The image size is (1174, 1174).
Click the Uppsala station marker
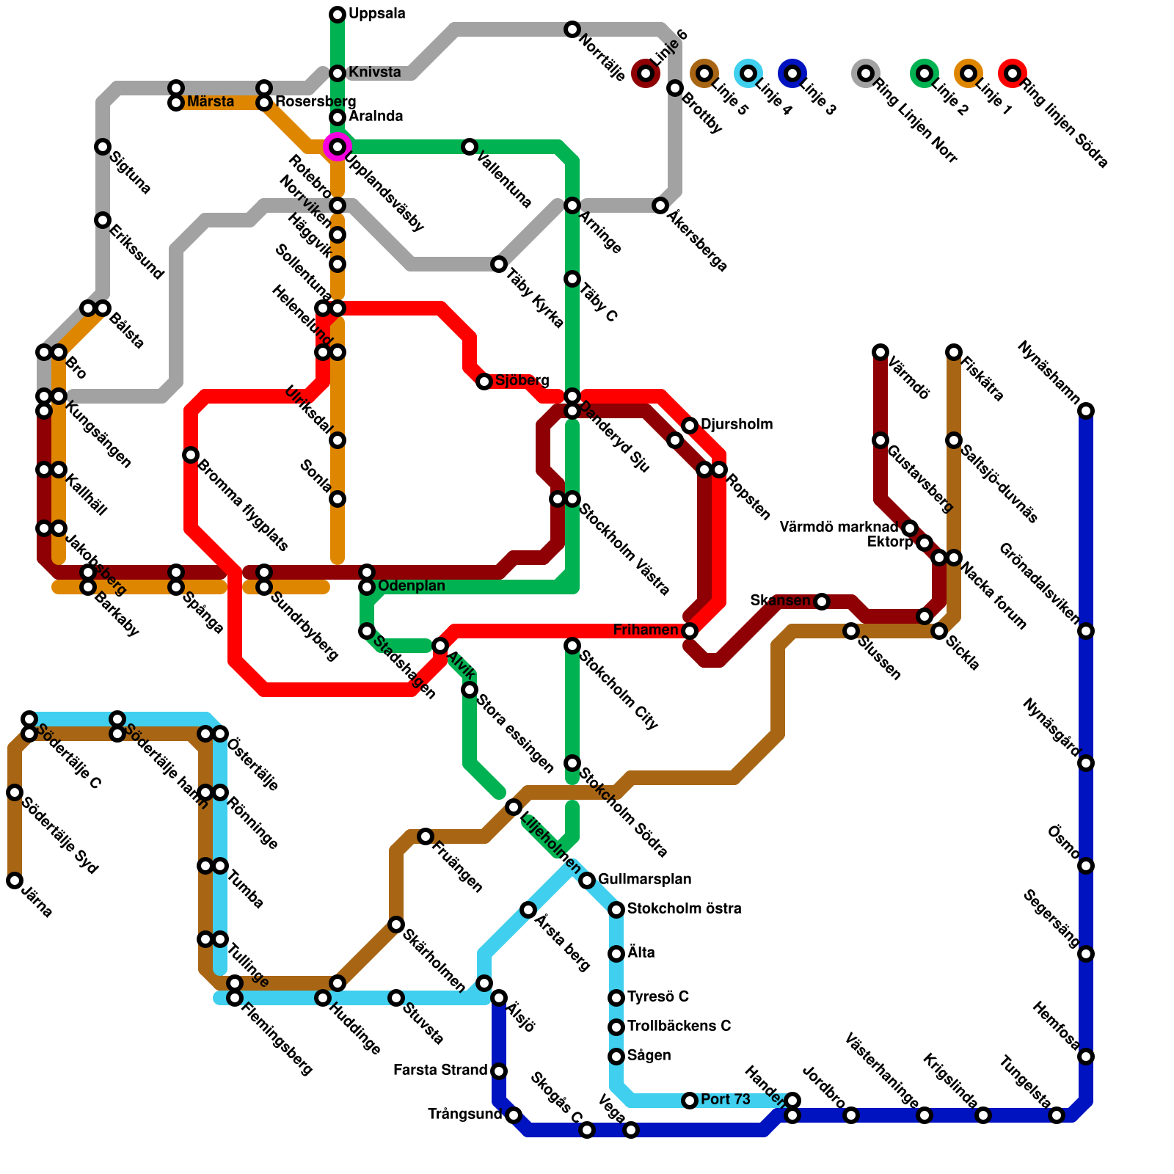tap(338, 15)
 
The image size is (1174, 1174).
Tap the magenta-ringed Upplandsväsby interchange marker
tap(338, 147)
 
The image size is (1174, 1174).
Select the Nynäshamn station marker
tap(1086, 411)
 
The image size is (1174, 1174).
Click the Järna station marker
tap(15, 880)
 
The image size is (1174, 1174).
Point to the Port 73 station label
tap(725, 1099)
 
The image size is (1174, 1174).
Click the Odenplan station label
tap(411, 586)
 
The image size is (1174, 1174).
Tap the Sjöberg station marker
tap(484, 382)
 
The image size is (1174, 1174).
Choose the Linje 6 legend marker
tap(646, 73)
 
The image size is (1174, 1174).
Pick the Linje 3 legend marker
tap(792, 73)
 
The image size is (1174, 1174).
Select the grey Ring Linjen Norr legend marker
tap(866, 73)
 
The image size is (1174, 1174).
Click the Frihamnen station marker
tap(690, 631)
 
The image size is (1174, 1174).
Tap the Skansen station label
tap(779, 601)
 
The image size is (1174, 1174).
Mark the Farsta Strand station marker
tap(499, 1071)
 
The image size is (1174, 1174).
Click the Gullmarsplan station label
tap(644, 879)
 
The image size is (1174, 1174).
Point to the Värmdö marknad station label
tap(838, 527)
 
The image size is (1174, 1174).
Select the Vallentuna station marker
tap(470, 147)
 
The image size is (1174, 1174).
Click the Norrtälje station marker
tap(572, 29)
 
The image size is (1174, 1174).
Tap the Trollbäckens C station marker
tap(616, 1027)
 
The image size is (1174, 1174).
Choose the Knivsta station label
tap(374, 72)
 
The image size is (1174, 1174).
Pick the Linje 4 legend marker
tap(748, 73)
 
